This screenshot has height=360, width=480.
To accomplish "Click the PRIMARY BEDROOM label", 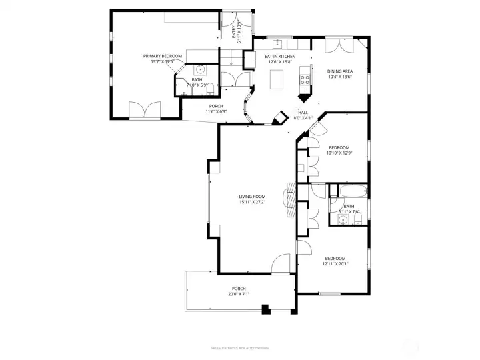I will tap(162, 56).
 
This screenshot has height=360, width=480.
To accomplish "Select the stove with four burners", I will tap(306, 79).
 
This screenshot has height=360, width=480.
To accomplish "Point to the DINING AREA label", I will tap(339, 71).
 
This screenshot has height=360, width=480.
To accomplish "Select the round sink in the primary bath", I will tap(200, 70).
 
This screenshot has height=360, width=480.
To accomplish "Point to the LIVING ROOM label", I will tap(252, 197).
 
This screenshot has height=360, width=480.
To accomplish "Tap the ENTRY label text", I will tap(233, 31).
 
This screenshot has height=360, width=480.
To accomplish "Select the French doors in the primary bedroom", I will tap(145, 111).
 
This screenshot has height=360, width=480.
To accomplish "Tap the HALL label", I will tap(303, 113).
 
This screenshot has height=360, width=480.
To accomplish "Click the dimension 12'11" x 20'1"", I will tap(335, 264).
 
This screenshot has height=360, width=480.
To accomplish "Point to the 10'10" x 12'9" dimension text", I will tap(339, 153).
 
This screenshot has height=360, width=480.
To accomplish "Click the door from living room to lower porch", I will tap(281, 265).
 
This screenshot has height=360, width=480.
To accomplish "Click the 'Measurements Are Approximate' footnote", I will tap(240, 348).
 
